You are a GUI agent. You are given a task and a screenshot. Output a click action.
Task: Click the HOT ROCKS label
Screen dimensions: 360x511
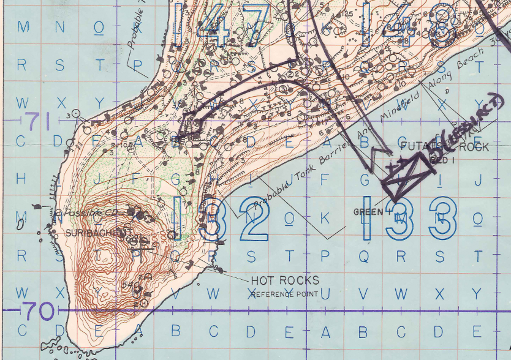[x=285, y=280]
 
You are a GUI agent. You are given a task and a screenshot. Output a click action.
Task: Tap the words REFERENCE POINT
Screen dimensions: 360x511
[x=284, y=294]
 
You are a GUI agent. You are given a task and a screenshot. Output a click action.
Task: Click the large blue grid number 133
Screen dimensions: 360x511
[x=410, y=219]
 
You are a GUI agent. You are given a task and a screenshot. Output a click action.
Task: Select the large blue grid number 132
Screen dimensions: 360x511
[x=222, y=219]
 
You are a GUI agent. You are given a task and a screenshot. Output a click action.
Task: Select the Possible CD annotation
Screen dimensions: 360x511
[x=77, y=212]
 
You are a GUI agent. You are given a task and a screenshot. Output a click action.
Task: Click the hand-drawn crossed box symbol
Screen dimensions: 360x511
[x=405, y=174]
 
